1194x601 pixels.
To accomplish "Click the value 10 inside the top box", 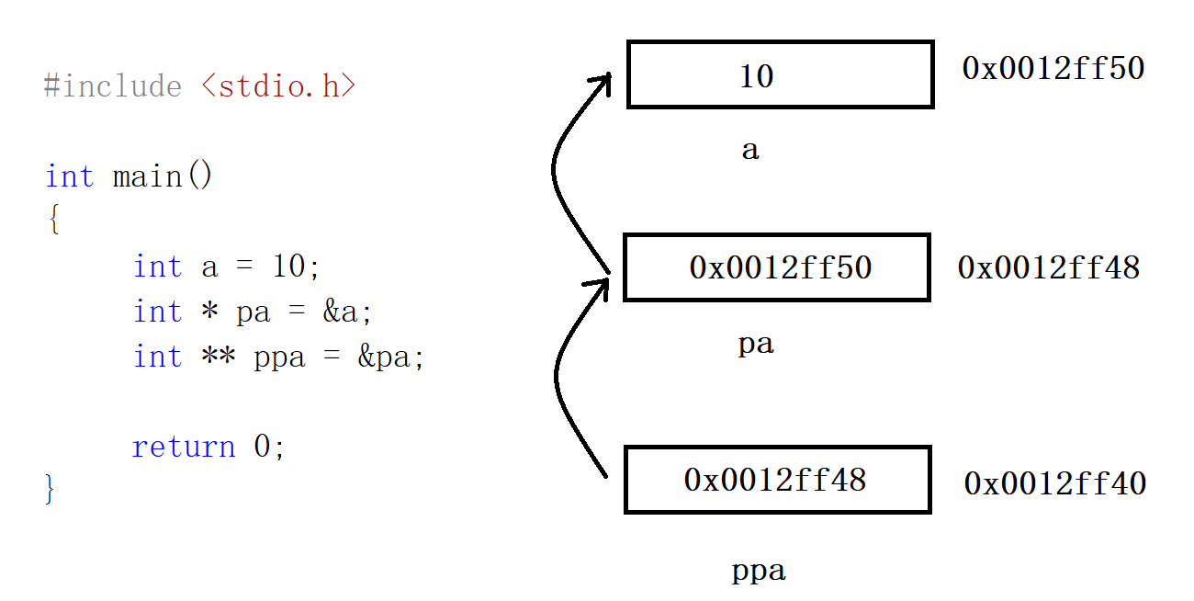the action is pyautogui.click(x=757, y=76).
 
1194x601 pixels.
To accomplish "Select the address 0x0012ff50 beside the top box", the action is pyautogui.click(x=1053, y=68).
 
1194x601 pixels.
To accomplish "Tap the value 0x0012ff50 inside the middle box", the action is pyautogui.click(x=780, y=267).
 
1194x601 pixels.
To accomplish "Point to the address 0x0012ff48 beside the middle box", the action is pyautogui.click(x=1048, y=267).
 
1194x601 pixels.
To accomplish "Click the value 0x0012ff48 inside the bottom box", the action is pyautogui.click(x=774, y=480).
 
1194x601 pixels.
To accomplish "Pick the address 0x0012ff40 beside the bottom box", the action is pyautogui.click(x=1054, y=483).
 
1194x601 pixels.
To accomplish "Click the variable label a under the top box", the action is pyautogui.click(x=750, y=151).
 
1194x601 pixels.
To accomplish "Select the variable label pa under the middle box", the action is pyautogui.click(x=756, y=345).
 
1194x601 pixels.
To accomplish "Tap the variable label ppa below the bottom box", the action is pyautogui.click(x=759, y=572).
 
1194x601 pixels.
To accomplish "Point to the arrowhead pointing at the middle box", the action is pyautogui.click(x=601, y=287).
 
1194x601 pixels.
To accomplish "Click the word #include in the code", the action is pyautogui.click(x=112, y=86).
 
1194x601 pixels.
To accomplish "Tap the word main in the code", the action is pyautogui.click(x=147, y=176).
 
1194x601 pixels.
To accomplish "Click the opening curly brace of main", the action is pyautogui.click(x=53, y=221).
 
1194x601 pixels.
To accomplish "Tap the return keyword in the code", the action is pyautogui.click(x=184, y=447).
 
